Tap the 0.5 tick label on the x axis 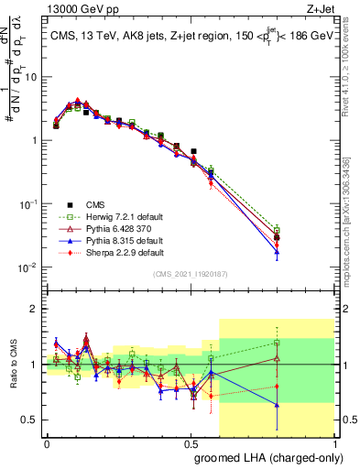191,443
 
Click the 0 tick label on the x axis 47,443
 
